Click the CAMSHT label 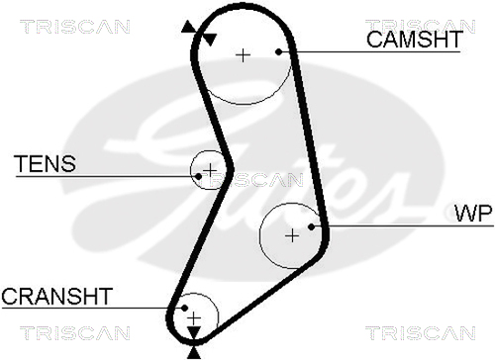pos(415,40)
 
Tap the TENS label pos(46,164)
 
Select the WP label pos(474,213)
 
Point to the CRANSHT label pos(57,296)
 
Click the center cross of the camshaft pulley pos(244,55)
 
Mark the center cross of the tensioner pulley pos(210,170)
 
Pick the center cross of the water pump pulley pos(292,235)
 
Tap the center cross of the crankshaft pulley pos(194,318)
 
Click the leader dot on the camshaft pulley pos(279,51)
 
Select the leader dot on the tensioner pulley pos(198,177)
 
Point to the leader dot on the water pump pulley pos(311,226)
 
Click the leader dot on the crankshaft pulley pos(185,308)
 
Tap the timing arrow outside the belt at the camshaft pos(189,27)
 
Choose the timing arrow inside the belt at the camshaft pos(209,39)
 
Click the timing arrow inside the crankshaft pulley pos(194,332)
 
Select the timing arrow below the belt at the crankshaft pos(194,353)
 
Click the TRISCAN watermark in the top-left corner pos(75,27)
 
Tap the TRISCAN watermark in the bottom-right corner pos(421,333)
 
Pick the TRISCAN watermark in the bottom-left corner pos(75,333)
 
